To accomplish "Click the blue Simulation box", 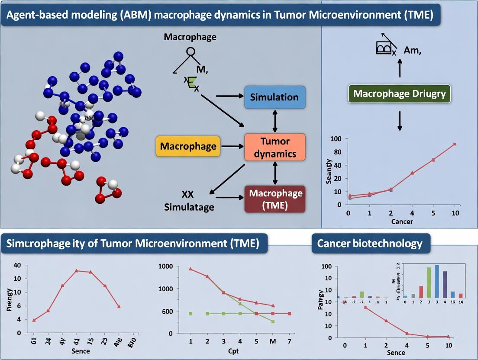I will (275, 97).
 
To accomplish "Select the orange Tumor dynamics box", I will (275, 147).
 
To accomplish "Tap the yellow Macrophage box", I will (188, 146).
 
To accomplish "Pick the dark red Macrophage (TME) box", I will (275, 199).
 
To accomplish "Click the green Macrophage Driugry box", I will (400, 93).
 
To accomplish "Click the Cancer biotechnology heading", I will (370, 244).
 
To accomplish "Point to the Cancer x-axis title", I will (401, 222).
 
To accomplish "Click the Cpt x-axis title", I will (233, 350).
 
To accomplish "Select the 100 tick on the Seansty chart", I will (336, 139).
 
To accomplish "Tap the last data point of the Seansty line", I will (455, 144).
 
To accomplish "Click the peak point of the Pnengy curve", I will (76, 271).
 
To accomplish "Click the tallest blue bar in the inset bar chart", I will (437, 281).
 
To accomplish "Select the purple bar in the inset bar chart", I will (445, 284).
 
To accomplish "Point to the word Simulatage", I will (189, 207).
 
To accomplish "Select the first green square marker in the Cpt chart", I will (191, 313).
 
